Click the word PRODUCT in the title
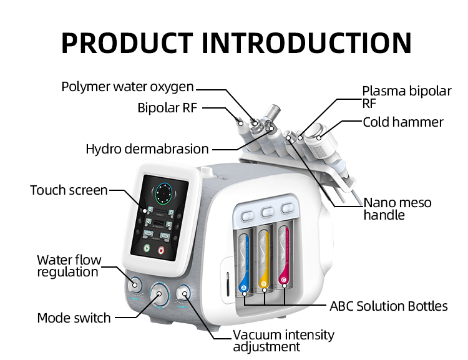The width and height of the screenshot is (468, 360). tap(128, 42)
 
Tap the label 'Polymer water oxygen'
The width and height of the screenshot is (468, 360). tap(127, 87)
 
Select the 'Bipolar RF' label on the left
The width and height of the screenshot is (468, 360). tap(167, 108)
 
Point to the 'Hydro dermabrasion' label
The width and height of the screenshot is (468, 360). tap(147, 149)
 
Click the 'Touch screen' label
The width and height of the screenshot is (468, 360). tap(69, 190)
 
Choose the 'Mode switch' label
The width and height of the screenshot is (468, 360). tap(74, 318)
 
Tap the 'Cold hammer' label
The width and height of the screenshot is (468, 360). tap(403, 122)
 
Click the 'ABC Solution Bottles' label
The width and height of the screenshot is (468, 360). tap(388, 306)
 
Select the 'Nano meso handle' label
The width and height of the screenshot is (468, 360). tap(397, 209)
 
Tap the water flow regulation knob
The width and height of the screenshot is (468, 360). tap(133, 285)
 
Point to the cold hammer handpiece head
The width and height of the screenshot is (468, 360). tap(321, 129)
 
